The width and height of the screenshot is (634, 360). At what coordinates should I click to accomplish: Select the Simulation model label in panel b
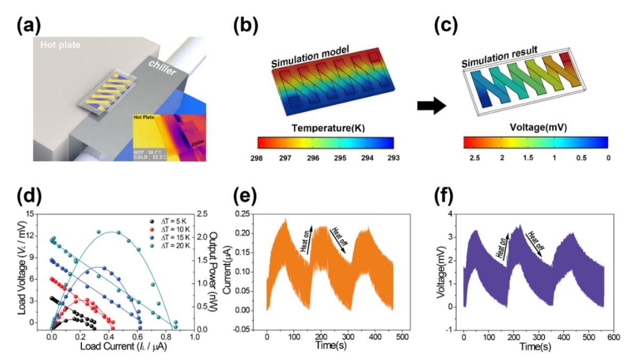(309, 57)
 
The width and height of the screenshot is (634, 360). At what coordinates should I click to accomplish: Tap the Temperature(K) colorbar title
(326, 127)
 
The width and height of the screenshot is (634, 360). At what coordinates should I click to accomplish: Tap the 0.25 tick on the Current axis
(245, 214)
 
